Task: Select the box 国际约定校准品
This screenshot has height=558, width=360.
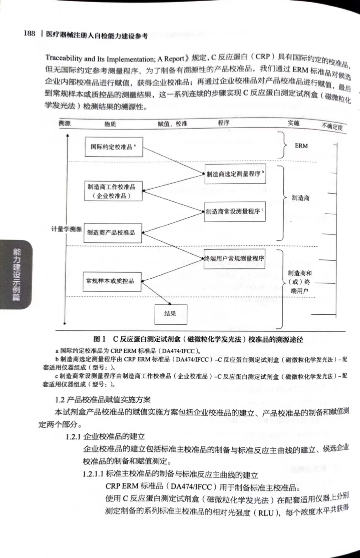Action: [114, 147]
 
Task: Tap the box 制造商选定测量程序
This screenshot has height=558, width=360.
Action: [235, 174]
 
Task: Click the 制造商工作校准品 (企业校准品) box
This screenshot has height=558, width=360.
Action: [113, 191]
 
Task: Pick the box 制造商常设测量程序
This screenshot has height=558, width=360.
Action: [235, 211]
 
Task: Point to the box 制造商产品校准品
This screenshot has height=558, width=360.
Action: [113, 233]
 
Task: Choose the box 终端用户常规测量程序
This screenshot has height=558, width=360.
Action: [234, 258]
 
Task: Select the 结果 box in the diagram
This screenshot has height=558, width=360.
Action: [171, 314]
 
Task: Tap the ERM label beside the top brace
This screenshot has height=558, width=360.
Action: [301, 146]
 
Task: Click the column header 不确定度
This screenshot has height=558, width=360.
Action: [332, 127]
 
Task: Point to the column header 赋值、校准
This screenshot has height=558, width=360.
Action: [173, 124]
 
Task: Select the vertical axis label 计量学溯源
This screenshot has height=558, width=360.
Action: [66, 229]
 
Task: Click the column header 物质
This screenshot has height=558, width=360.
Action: [110, 124]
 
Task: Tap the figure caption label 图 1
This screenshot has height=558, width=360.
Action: [99, 339]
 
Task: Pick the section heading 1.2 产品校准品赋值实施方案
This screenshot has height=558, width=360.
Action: [103, 400]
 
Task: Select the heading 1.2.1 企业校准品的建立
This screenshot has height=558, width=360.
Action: [105, 436]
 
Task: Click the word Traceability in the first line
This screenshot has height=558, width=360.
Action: [64, 58]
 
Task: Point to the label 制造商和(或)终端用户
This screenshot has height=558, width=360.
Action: [299, 282]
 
